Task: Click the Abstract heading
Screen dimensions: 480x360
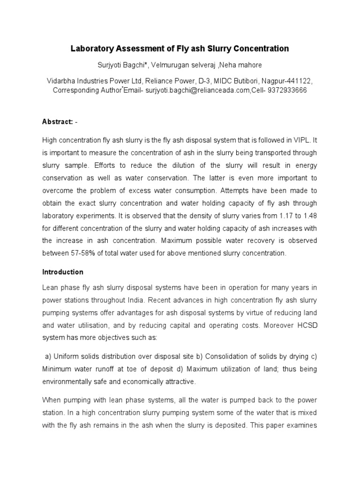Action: [x=57, y=122]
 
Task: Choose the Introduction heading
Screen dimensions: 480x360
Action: [x=63, y=272]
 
